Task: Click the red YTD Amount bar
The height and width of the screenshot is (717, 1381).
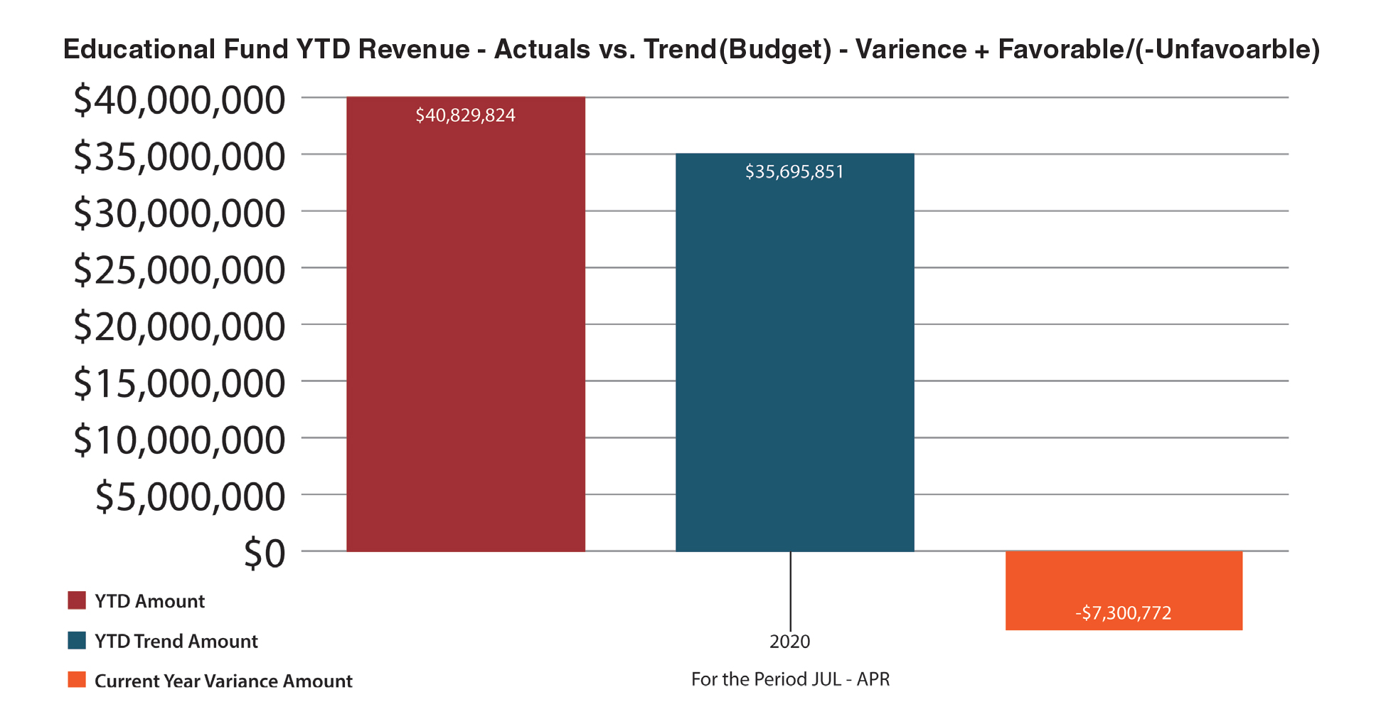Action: coord(465,334)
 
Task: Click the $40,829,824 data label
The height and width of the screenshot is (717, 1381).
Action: coord(465,115)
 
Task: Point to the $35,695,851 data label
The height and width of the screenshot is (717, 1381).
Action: coord(794,172)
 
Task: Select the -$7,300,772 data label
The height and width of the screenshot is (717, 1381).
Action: coord(1123,613)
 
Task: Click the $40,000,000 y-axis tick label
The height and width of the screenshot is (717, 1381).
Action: coord(179,100)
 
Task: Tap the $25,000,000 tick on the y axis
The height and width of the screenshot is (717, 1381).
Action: coord(179,270)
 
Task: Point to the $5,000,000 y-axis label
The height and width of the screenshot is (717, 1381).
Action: coord(190,496)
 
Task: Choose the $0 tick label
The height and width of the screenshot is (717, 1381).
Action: coord(264,553)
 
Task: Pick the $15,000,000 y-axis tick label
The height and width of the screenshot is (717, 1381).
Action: coord(179,383)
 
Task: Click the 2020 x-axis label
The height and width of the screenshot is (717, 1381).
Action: coord(789,642)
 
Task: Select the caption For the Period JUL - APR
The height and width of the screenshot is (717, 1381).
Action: coord(790,679)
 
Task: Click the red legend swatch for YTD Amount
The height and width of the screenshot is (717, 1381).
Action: coord(77,600)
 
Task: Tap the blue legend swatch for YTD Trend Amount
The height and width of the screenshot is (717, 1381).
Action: coord(77,640)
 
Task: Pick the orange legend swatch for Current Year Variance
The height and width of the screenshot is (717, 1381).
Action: coord(77,680)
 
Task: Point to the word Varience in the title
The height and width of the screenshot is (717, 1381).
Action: coord(911,49)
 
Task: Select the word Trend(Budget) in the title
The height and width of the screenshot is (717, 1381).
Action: coord(737,49)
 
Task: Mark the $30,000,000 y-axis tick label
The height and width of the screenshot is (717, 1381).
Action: coord(179,213)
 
